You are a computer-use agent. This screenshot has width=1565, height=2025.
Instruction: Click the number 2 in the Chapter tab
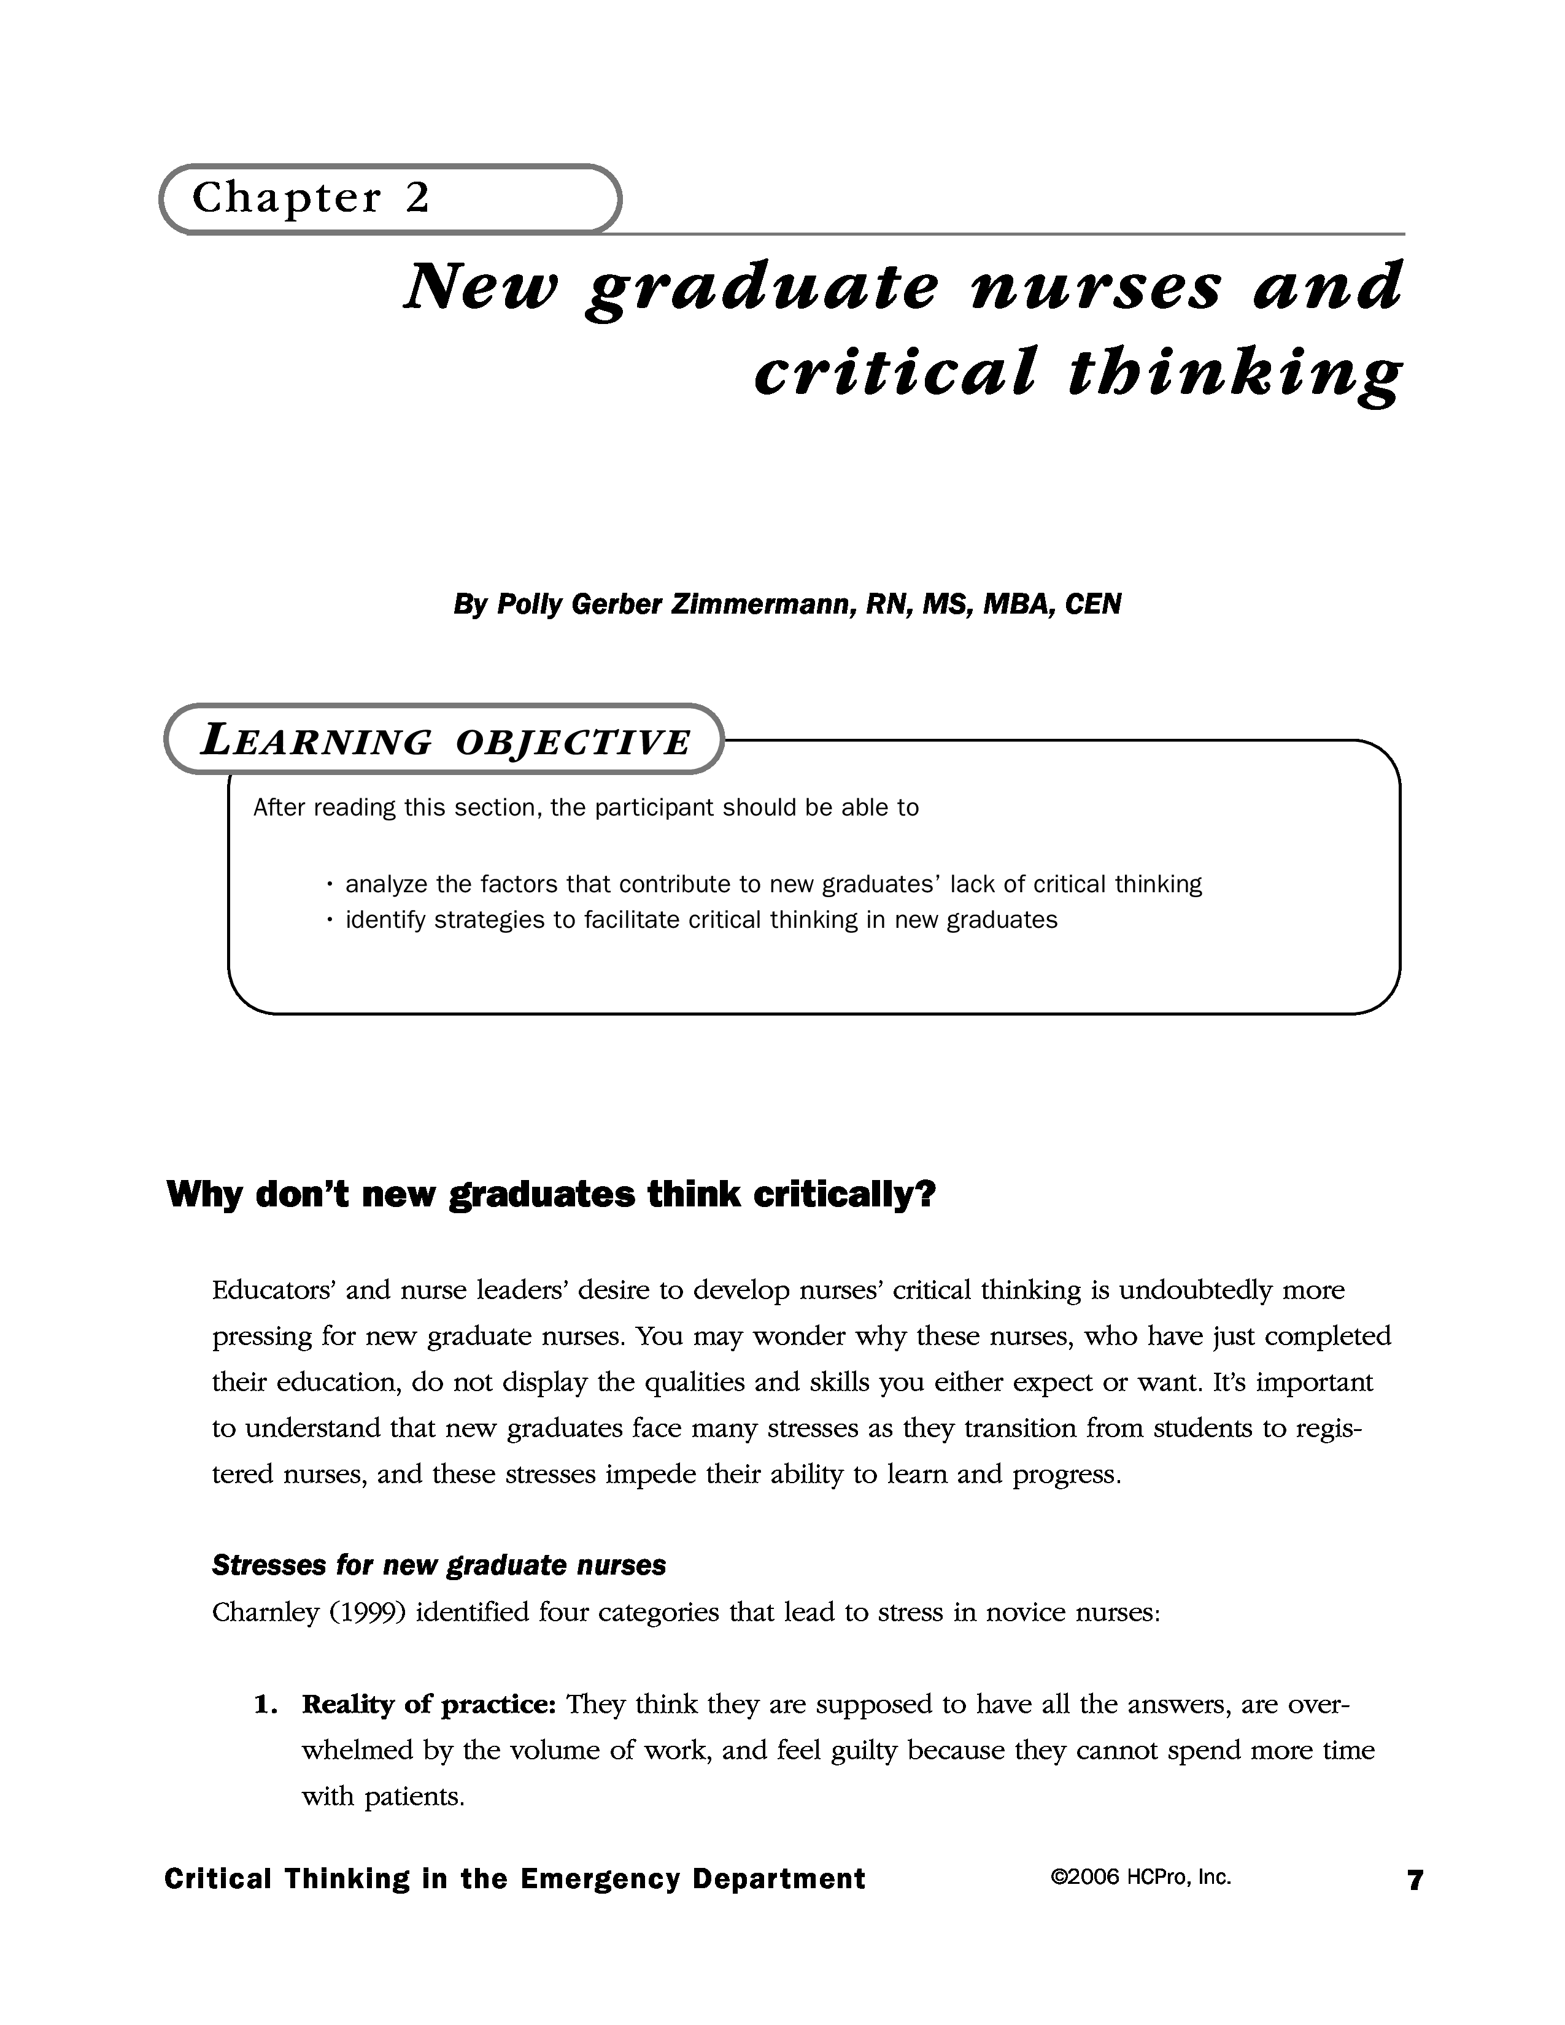pyautogui.click(x=417, y=198)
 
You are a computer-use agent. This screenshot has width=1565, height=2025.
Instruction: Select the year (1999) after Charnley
pyautogui.click(x=365, y=1613)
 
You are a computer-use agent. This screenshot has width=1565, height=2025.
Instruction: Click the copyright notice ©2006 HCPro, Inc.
pyautogui.click(x=1140, y=1878)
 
